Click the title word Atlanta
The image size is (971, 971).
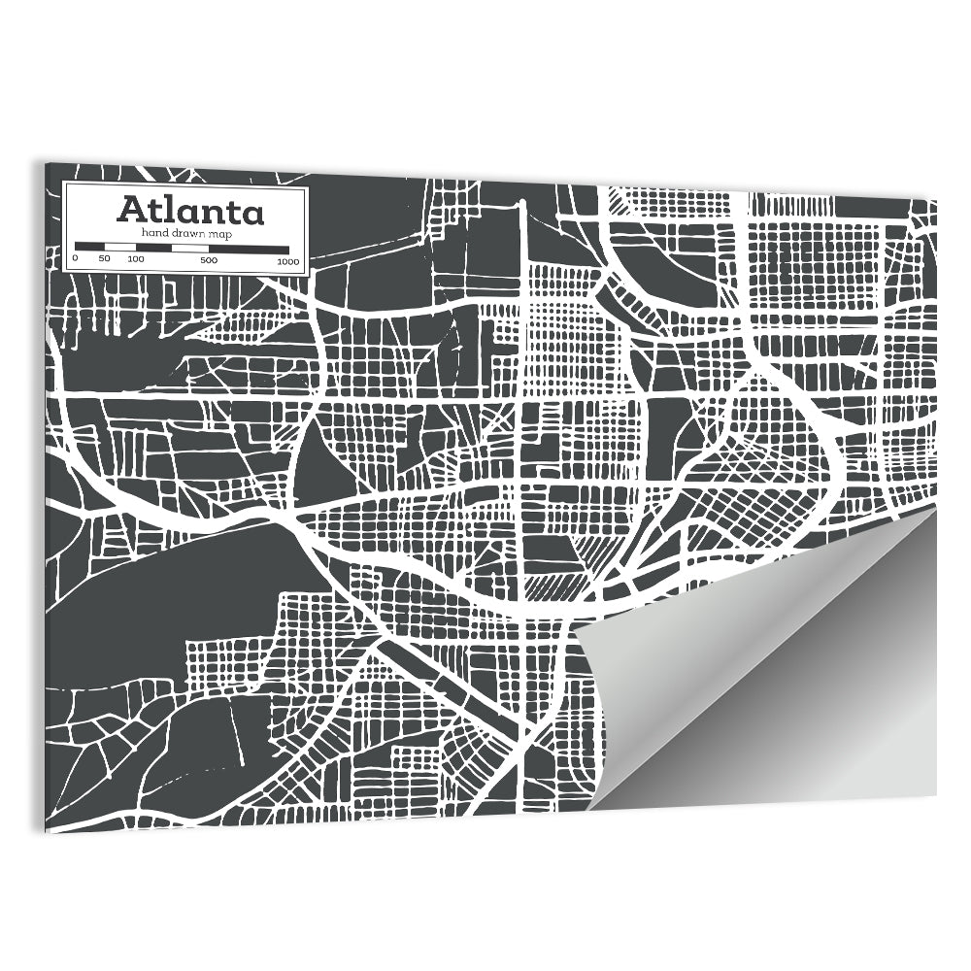(190, 210)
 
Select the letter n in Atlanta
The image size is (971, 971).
(210, 212)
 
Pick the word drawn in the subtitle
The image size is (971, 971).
(188, 234)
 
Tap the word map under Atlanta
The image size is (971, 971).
(221, 235)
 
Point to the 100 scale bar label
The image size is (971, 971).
(135, 260)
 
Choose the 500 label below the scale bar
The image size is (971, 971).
(209, 260)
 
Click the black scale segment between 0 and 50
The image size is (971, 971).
(90, 247)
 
